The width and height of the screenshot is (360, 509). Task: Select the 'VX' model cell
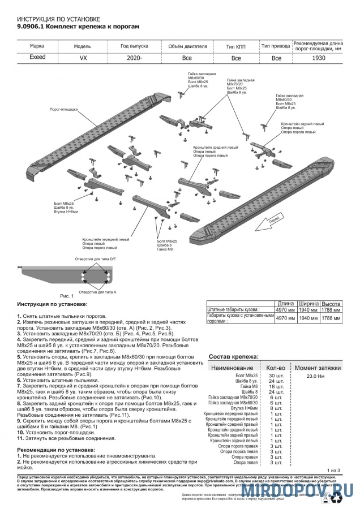(x=83, y=57)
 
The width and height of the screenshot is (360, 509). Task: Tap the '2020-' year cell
(x=134, y=57)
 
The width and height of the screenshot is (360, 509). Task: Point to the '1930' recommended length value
(x=319, y=57)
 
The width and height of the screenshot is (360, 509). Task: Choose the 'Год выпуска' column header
(x=134, y=46)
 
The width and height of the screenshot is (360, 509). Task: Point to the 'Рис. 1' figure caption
(x=67, y=296)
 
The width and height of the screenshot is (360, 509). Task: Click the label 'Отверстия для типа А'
(x=97, y=292)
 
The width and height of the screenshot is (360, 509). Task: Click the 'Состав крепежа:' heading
(x=234, y=357)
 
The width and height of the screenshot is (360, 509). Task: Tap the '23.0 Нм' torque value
(x=315, y=376)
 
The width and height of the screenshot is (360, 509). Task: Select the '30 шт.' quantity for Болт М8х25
(x=275, y=376)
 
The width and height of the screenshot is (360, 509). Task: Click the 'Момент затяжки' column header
(x=318, y=367)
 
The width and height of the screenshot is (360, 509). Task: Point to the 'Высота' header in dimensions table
(x=331, y=304)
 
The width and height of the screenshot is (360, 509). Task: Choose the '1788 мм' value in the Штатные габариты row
(x=331, y=310)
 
